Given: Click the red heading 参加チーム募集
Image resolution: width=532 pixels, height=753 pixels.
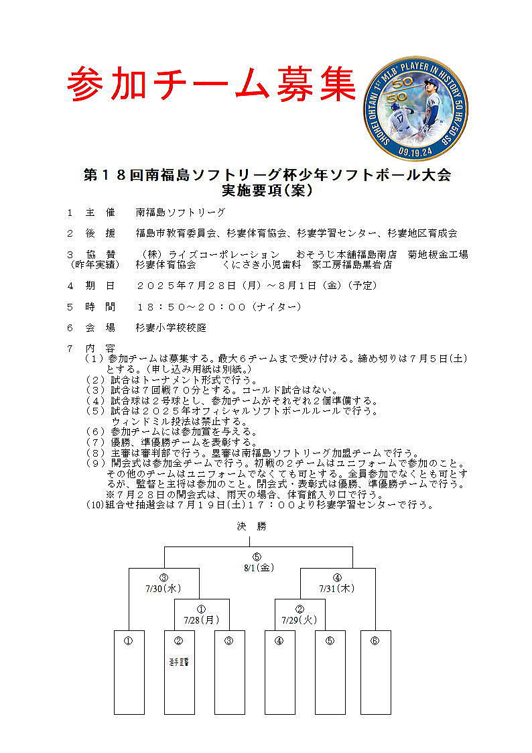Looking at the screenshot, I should pos(211,84).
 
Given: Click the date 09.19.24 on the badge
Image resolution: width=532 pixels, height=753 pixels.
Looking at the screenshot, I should pos(415,150).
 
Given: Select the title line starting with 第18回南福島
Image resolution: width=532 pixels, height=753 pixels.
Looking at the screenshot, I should pos(267,176).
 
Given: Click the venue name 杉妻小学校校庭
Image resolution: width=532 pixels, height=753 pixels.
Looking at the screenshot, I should pos(171,328).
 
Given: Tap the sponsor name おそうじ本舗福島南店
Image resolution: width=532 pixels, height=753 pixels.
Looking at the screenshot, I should pos(347,255).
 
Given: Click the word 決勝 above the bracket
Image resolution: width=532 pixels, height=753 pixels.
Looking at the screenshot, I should pos(251,526).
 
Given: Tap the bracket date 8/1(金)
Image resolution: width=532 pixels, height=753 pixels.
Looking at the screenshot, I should pos(257,567).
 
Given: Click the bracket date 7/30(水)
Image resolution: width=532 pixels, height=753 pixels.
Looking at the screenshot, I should pos(163,589).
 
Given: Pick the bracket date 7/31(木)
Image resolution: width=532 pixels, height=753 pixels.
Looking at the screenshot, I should pos(337,589).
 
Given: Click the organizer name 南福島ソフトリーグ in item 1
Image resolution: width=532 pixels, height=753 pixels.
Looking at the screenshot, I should pos(180,213).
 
